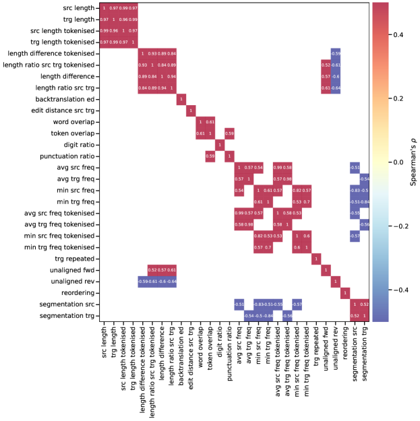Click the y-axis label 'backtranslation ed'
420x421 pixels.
63,99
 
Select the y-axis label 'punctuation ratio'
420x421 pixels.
65,156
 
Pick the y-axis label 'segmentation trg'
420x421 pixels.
64,316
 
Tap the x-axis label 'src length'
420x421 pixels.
103,344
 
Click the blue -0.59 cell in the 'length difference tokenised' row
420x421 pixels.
336,53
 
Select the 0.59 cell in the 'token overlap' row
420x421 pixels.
229,133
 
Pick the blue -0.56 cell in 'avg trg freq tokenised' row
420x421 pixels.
365,224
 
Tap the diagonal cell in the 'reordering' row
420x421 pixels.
345,293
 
